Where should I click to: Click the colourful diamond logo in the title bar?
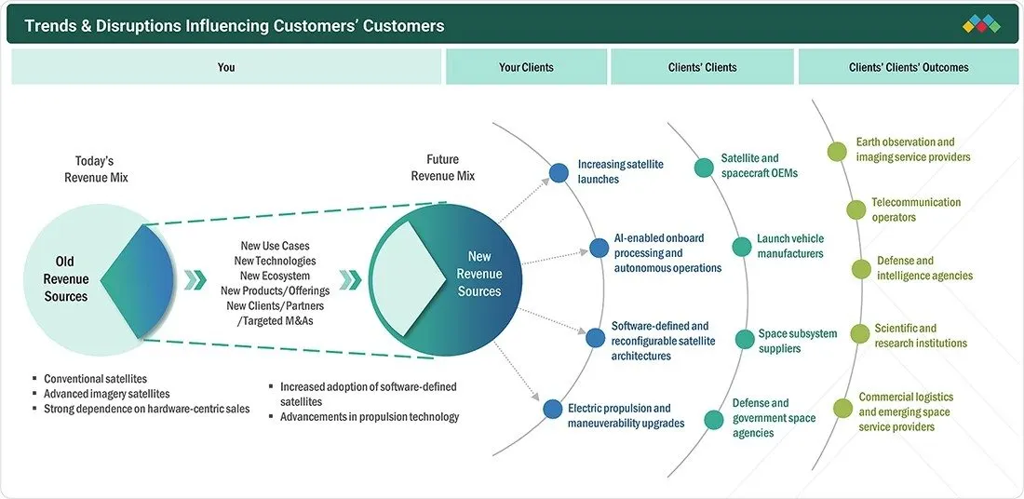[981, 24]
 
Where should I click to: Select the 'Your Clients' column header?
[526, 67]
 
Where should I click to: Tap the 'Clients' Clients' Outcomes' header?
[909, 67]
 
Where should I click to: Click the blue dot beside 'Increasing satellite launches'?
[559, 172]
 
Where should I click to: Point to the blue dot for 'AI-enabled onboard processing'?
[599, 248]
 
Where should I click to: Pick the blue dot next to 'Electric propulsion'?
[553, 410]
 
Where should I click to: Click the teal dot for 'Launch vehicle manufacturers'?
[742, 247]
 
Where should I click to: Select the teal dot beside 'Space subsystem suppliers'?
[745, 340]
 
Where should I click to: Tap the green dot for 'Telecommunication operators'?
[856, 210]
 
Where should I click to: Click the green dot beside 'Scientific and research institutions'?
[860, 334]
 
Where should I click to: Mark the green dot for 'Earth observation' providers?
[837, 152]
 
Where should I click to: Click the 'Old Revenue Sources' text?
[65, 279]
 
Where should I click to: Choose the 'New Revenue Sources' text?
[478, 274]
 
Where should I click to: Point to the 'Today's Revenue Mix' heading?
[95, 169]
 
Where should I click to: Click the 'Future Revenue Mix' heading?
[443, 168]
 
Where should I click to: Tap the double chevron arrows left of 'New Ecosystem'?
[195, 279]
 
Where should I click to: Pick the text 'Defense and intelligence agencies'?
[924, 268]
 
